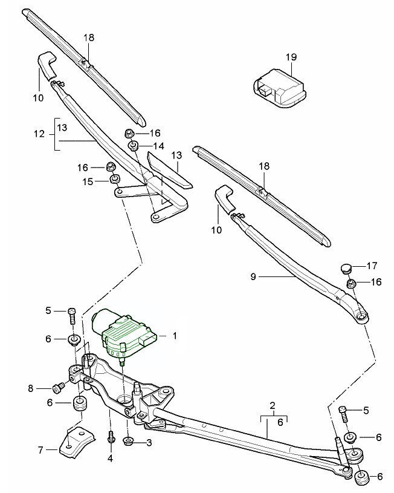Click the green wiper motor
(x=124, y=335)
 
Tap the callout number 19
(x=291, y=57)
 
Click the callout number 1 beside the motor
(x=175, y=335)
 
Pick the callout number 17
(x=372, y=265)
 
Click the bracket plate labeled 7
(x=77, y=441)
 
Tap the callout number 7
(x=41, y=449)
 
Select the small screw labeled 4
(x=111, y=436)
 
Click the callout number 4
(x=111, y=458)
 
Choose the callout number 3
(x=149, y=443)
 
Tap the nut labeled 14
(x=134, y=146)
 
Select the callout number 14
(x=159, y=146)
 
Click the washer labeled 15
(x=113, y=180)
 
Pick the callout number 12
(x=40, y=134)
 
